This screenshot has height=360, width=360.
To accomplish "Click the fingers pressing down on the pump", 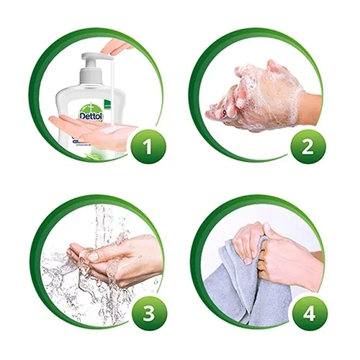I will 115,48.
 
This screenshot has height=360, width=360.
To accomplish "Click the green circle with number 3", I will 147,312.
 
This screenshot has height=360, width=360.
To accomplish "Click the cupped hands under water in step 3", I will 108,256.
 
